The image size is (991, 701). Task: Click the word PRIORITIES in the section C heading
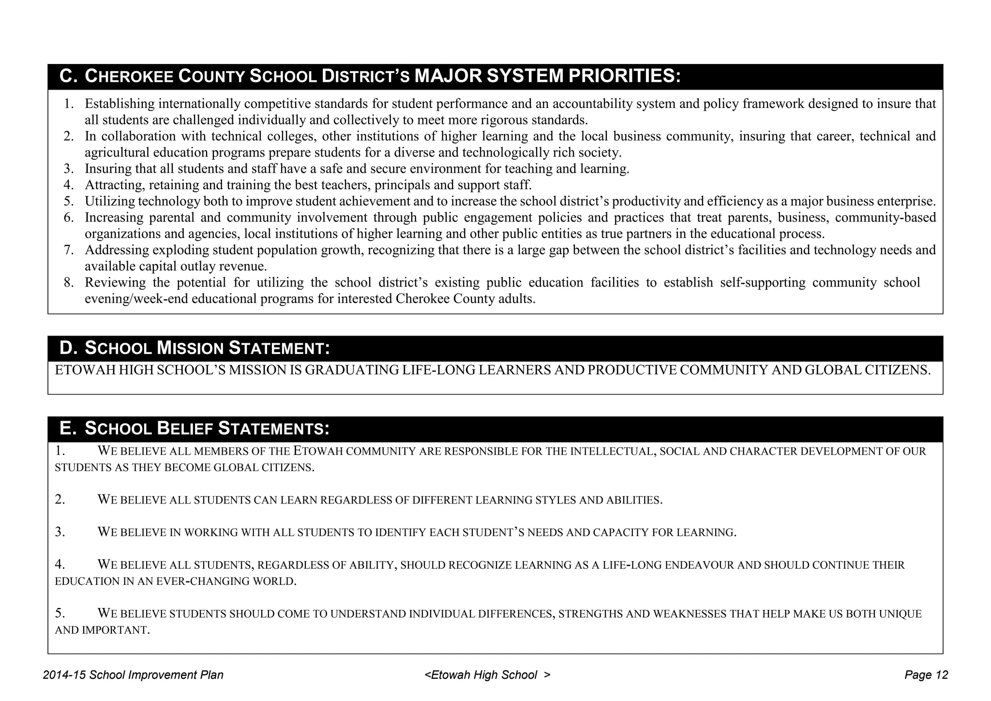[x=624, y=76]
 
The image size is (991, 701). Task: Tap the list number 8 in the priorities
[x=68, y=283]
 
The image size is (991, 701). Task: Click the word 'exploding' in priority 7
[x=180, y=250]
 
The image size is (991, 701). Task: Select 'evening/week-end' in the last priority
[x=136, y=299]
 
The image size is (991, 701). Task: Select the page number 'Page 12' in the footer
[x=926, y=675]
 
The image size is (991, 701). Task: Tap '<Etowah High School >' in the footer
[x=487, y=675]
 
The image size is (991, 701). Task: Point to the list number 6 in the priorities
[x=68, y=218]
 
